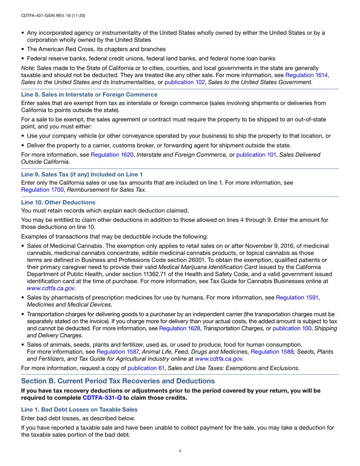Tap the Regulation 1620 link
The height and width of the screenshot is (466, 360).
(110, 155)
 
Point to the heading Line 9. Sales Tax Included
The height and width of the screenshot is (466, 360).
(82, 175)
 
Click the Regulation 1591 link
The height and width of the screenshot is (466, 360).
(297, 298)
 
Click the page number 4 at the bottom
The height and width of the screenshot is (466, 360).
(180, 451)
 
